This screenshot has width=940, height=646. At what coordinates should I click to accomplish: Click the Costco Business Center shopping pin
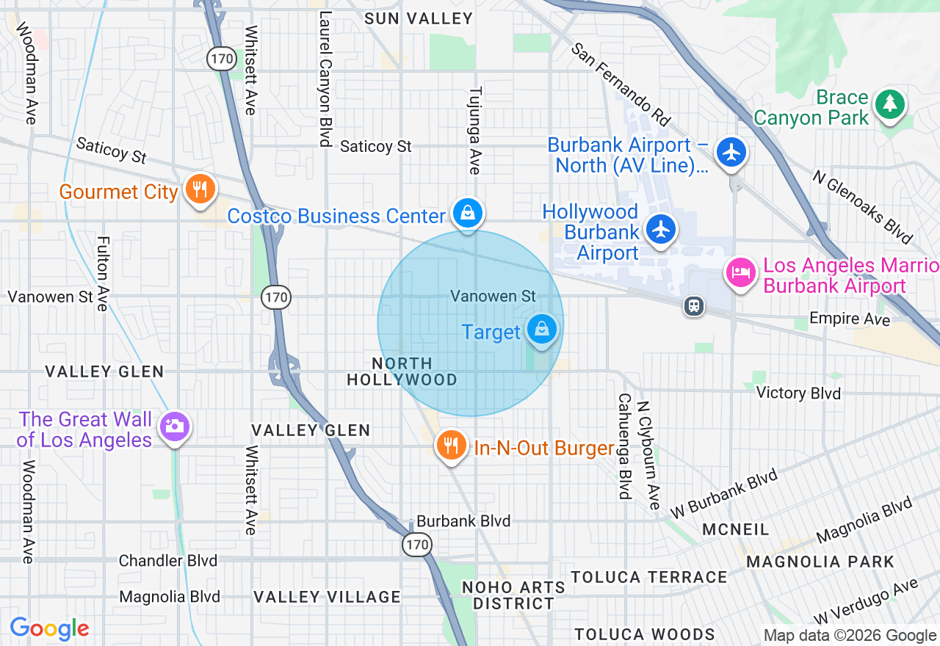point(467,214)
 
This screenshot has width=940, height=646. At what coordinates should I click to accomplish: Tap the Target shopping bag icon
point(542,329)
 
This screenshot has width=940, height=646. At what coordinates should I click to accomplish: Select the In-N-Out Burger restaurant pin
point(452,445)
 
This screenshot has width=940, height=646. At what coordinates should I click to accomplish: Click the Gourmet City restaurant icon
point(199,189)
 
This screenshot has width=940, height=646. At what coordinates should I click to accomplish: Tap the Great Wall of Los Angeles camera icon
point(175,426)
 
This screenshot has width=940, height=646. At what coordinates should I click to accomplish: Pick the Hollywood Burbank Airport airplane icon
point(661,229)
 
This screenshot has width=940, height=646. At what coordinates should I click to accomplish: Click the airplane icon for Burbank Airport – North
point(731,153)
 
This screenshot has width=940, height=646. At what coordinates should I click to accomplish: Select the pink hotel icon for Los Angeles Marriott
point(741,273)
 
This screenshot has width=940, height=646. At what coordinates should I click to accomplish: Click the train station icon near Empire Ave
point(693,306)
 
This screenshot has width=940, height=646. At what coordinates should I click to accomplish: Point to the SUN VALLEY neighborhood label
point(419,19)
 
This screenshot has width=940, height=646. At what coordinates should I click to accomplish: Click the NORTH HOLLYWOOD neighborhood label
point(402,371)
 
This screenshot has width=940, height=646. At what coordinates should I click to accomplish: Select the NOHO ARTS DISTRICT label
point(513,595)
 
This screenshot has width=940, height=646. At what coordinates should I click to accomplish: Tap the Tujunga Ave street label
point(475,131)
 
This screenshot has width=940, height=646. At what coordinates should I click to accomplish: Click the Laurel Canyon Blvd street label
point(324,81)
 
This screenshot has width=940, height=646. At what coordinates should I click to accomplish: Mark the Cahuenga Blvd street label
point(624,446)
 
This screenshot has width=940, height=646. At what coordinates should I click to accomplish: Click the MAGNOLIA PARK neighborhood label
point(820,562)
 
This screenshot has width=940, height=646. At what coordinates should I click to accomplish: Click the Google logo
point(49,628)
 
